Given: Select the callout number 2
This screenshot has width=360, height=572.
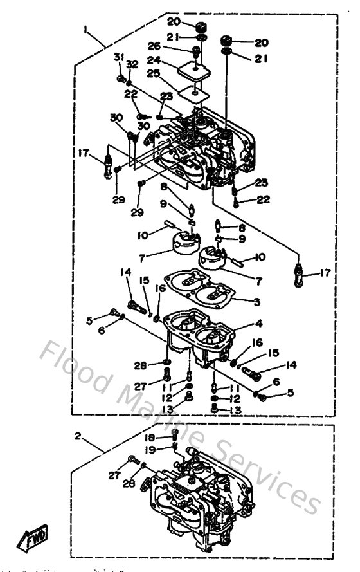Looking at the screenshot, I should [x=77, y=436].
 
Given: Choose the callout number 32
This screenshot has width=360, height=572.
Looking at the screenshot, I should [x=132, y=64].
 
